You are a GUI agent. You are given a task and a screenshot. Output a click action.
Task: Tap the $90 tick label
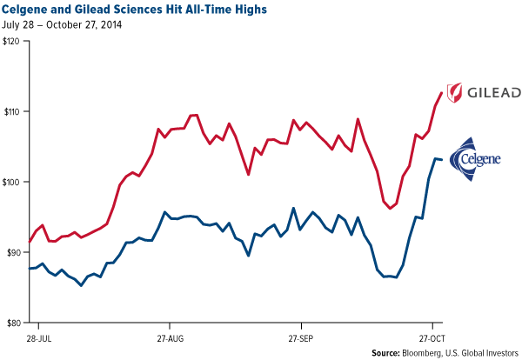click(x=13, y=252)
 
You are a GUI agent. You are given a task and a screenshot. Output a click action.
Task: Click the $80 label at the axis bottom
click(x=13, y=322)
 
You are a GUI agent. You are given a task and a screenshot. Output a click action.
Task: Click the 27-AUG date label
click(x=170, y=335)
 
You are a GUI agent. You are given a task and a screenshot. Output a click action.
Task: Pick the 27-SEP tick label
click(x=302, y=335)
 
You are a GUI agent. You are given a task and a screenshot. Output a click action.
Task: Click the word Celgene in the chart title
click(x=30, y=9)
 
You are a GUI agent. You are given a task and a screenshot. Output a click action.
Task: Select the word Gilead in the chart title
click(x=90, y=9)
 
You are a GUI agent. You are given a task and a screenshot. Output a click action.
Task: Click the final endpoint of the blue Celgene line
click(x=442, y=160)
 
